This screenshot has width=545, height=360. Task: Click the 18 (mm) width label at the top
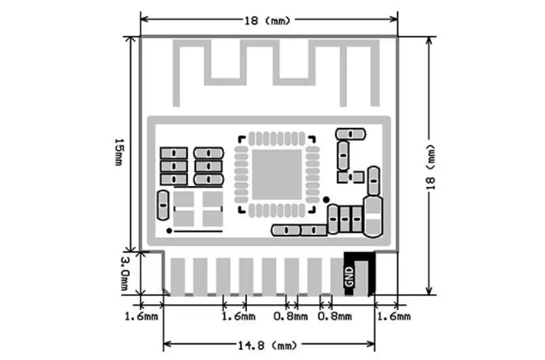[x=267, y=21]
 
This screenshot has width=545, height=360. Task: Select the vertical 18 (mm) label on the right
[x=431, y=167]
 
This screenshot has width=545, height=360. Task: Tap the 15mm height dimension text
[x=119, y=152]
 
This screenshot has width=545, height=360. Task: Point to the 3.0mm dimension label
[x=125, y=273]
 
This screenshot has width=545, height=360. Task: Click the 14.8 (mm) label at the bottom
[x=267, y=346]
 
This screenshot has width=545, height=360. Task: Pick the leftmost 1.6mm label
[x=141, y=317]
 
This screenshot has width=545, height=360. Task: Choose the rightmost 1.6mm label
[x=394, y=317]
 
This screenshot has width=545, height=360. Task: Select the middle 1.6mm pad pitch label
[x=238, y=317]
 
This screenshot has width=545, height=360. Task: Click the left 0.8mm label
[x=290, y=317]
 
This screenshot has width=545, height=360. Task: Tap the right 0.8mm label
[x=335, y=317]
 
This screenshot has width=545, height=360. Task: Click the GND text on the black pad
[x=350, y=277]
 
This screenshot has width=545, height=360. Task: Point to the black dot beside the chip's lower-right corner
[x=326, y=200]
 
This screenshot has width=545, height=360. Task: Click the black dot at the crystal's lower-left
[x=169, y=231]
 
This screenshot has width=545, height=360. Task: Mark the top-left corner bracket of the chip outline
[x=241, y=139]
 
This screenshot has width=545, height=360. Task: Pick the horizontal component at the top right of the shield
[x=350, y=134]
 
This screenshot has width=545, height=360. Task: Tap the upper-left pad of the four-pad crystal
[x=183, y=198]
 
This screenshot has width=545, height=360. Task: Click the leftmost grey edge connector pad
[x=178, y=276]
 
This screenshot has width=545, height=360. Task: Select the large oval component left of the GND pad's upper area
[x=373, y=217]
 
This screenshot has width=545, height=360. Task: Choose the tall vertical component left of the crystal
[x=163, y=205]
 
